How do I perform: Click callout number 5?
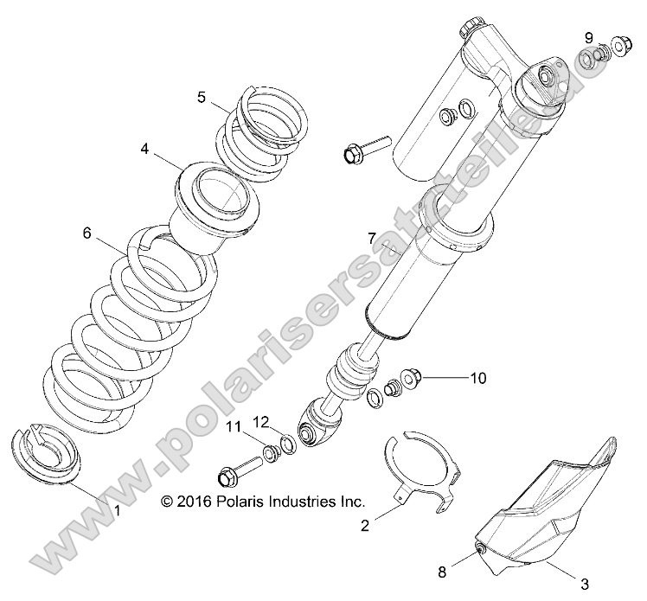pyautogui.click(x=201, y=98)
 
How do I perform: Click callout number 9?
pyautogui.click(x=588, y=37)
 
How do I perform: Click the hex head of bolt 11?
pyautogui.click(x=228, y=475)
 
